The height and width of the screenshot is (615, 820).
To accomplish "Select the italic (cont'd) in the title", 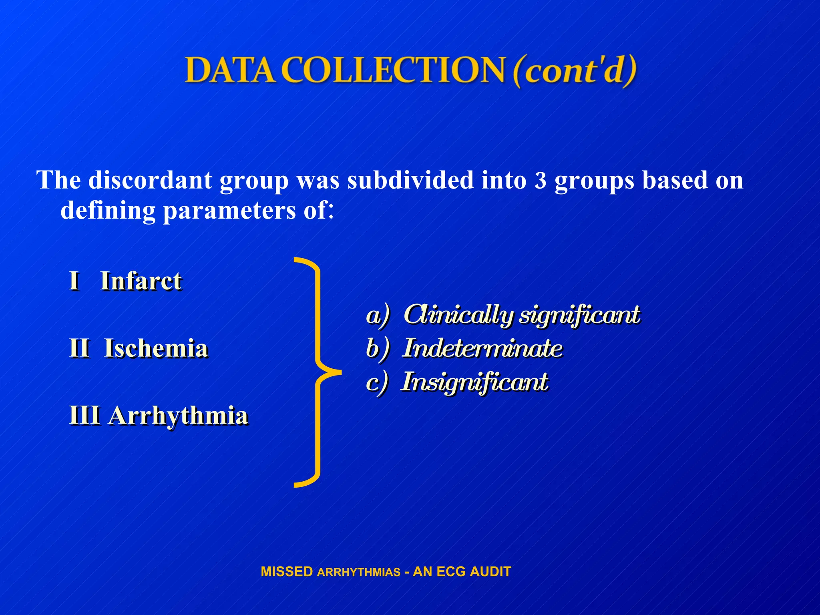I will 574,70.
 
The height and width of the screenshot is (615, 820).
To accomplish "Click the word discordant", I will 150,180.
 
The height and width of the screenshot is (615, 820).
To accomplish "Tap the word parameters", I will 230,210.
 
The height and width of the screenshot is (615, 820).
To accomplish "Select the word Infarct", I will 141,281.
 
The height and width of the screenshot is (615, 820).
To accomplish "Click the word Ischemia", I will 156,348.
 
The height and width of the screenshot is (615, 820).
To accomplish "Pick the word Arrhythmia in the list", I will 179,415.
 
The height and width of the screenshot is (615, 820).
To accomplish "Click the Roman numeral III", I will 84,415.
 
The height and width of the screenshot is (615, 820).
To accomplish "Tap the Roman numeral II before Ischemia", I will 79,348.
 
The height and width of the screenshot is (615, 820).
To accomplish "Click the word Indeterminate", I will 482,348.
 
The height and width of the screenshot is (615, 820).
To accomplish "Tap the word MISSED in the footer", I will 287,572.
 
